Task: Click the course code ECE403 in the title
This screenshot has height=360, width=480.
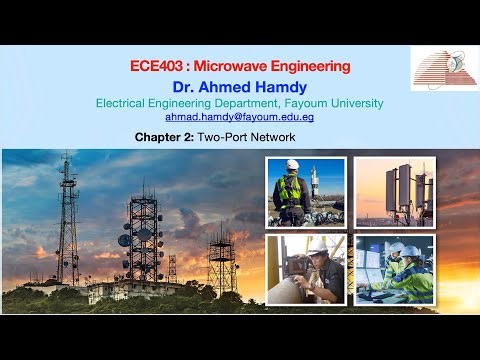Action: pyautogui.click(x=153, y=67)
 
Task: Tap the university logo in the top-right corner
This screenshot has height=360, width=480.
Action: pyautogui.click(x=444, y=68)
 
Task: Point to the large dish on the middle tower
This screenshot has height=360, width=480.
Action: pyautogui.click(x=125, y=240)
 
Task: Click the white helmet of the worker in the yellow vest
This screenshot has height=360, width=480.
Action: pyautogui.click(x=292, y=165)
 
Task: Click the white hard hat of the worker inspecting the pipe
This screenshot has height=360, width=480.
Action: pyautogui.click(x=318, y=245)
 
